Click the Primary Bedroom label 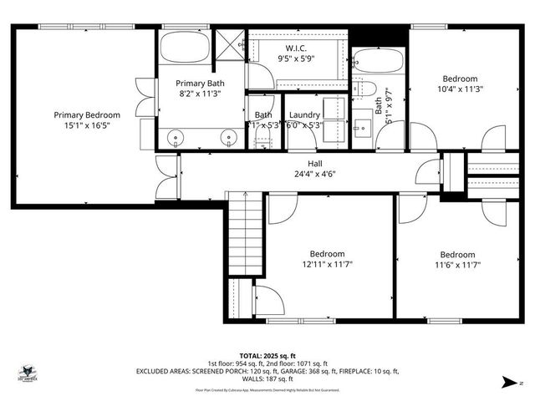(87, 115)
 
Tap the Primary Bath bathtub (185, 48)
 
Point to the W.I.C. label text (297, 48)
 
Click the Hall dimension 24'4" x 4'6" (303, 175)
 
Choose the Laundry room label (304, 115)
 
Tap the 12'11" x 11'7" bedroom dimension (327, 265)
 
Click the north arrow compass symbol (507, 383)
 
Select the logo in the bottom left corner (30, 373)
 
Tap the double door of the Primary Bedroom (167, 177)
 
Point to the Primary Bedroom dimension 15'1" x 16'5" (87, 126)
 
